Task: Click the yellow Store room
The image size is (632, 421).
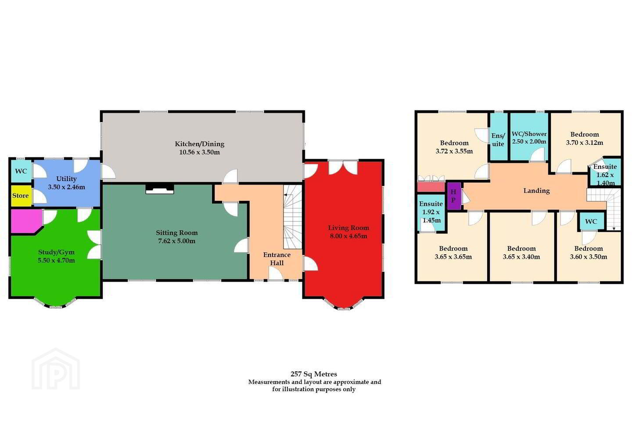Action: [22, 196]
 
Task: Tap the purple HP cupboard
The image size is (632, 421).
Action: [454, 196]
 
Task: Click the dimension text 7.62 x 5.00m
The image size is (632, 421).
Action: [176, 241]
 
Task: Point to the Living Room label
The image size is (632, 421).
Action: [348, 228]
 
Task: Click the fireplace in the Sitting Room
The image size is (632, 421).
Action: [160, 189]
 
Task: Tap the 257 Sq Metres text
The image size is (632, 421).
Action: [314, 374]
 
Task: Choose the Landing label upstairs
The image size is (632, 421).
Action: [536, 191]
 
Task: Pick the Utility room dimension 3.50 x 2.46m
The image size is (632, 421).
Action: [66, 187]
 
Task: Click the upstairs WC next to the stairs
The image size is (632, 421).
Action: [591, 221]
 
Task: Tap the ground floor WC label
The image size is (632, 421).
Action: [21, 171]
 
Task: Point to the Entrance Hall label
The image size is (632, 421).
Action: [277, 259]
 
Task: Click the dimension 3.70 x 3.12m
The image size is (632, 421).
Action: [584, 143]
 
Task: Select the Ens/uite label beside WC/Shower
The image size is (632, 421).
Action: [498, 140]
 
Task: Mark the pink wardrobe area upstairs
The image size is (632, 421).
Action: [431, 187]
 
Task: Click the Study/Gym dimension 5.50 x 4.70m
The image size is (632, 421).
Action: [57, 260]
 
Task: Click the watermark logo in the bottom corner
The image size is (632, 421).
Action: [56, 369]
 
